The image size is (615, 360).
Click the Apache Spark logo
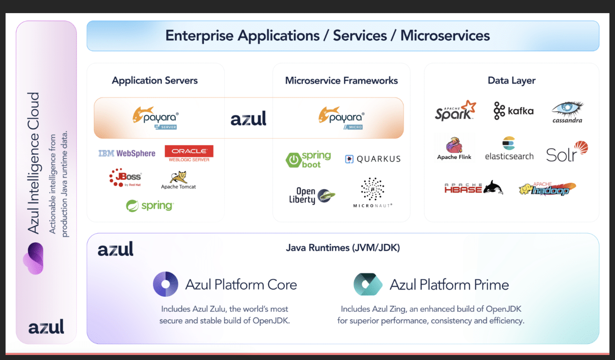[x=455, y=110]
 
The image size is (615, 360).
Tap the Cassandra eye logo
[x=567, y=112]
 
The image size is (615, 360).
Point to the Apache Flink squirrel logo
[x=454, y=148]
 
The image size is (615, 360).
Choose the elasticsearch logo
[x=509, y=149]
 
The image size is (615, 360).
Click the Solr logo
[x=567, y=151]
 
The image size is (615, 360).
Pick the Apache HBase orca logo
[x=473, y=188]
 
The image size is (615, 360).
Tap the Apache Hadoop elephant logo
[x=547, y=189]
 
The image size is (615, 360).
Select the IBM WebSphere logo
[x=127, y=153]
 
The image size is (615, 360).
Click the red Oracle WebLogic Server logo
[x=189, y=153]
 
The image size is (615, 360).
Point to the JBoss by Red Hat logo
[x=126, y=177]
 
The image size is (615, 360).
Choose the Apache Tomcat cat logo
[x=178, y=180]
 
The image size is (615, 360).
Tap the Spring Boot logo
[x=308, y=159]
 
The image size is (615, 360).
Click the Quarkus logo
[x=372, y=159]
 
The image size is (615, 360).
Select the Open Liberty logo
[x=312, y=195]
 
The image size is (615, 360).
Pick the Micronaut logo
[x=372, y=192]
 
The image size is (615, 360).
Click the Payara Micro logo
[x=341, y=117]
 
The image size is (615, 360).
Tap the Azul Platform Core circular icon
[x=165, y=284]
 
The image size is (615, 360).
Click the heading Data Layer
[x=511, y=80]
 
